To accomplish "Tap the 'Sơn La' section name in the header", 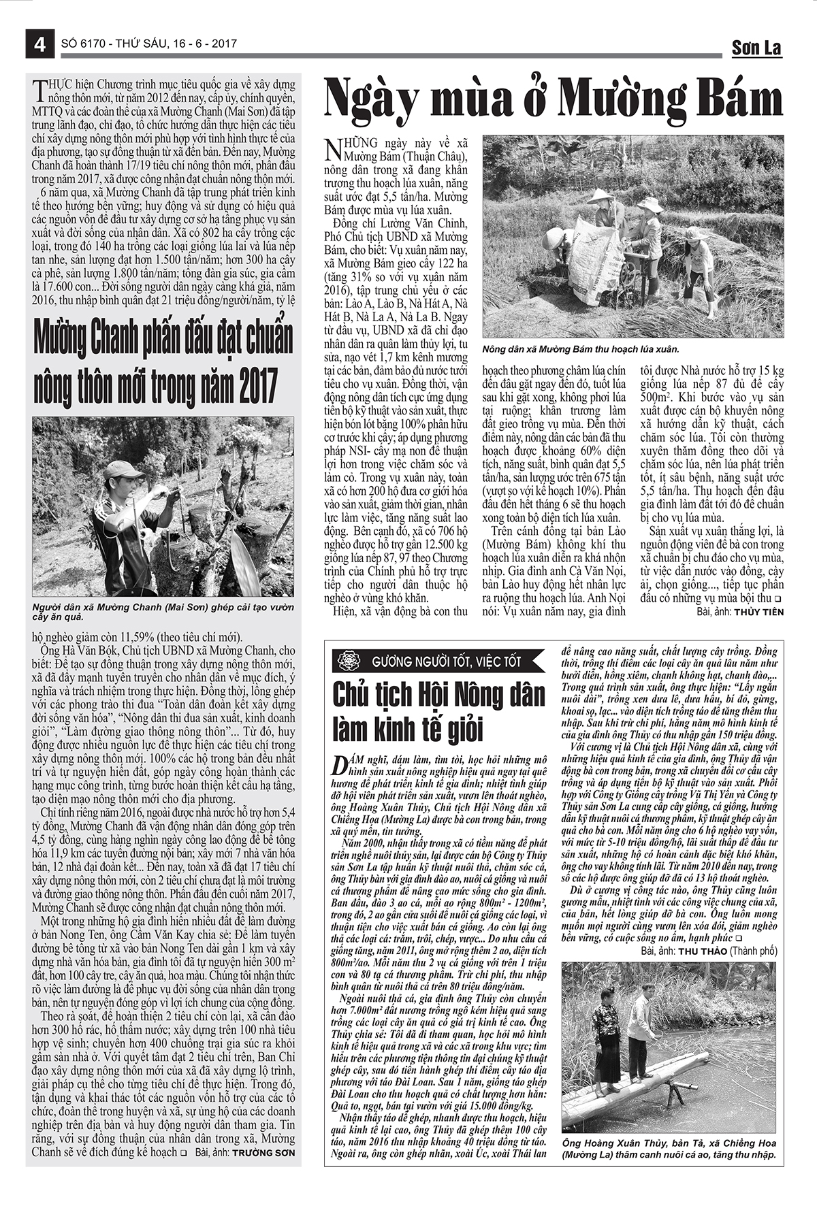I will pos(756,48).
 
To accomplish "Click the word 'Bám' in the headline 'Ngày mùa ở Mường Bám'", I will pos(731,99).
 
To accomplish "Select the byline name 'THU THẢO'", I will pos(703,951).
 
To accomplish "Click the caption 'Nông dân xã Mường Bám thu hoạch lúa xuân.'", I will pos(581,349).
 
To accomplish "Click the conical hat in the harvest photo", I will pos(601,196).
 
